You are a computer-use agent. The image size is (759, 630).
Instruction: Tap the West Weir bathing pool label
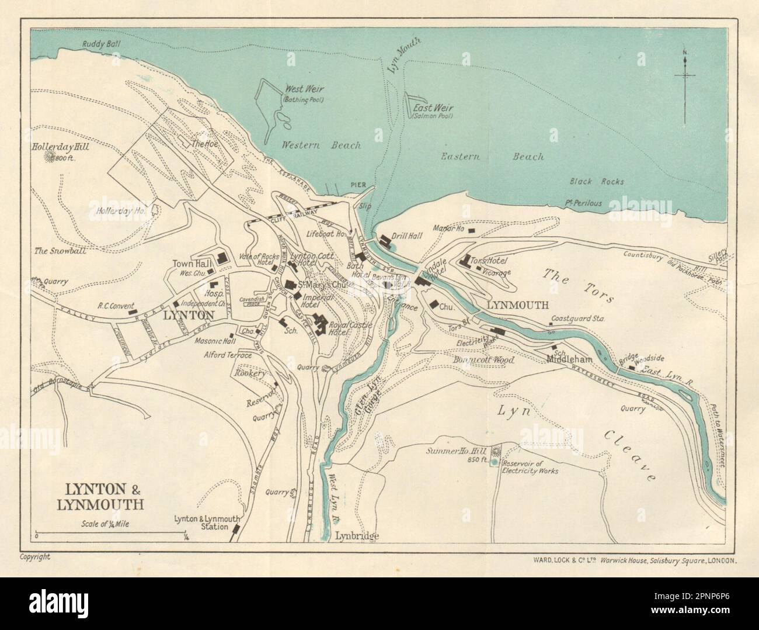(303, 94)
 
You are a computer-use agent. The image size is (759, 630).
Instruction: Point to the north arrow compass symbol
(686, 75)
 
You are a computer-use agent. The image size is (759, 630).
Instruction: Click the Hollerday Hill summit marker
(57, 158)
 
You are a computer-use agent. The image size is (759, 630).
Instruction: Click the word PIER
(358, 185)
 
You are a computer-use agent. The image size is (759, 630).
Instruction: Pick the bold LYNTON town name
(187, 314)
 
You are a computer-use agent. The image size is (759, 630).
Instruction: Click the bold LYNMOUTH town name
(517, 305)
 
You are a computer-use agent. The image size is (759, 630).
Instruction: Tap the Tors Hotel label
(488, 261)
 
